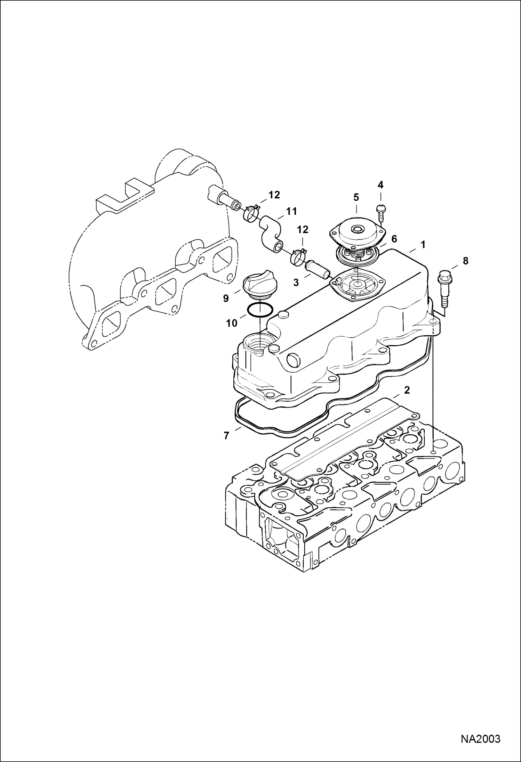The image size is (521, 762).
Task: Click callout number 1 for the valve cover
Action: pos(423,245)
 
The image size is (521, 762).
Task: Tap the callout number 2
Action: pos(407,390)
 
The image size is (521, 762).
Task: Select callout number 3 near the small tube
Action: pos(296,282)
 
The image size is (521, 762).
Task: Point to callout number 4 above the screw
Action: pos(380,185)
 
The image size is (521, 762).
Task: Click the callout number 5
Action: pos(356,197)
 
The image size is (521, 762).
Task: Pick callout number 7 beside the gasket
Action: pos(226,435)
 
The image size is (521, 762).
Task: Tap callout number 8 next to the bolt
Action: pos(465,261)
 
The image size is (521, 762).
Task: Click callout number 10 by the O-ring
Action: pos(232,323)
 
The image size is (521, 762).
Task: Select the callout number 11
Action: pos(291,211)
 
